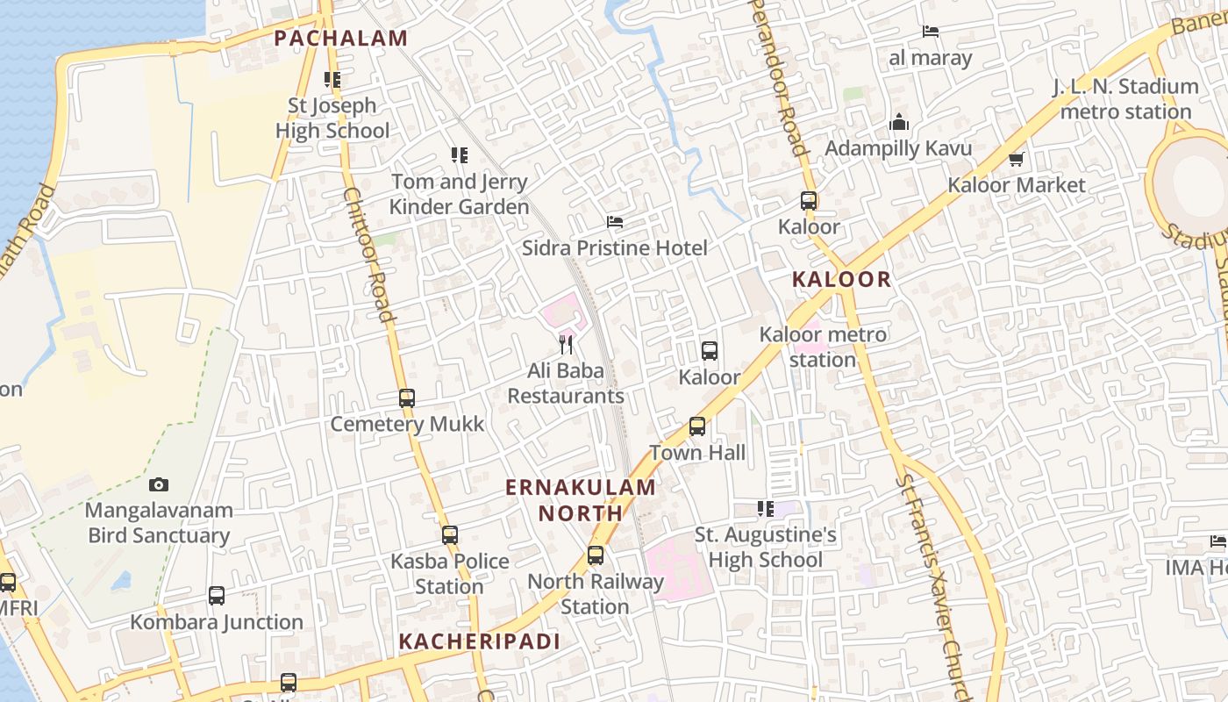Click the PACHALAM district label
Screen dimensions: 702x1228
[341, 39]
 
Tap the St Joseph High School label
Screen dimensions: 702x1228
[332, 118]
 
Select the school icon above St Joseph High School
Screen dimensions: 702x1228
[332, 80]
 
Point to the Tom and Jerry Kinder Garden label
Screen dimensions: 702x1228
[459, 194]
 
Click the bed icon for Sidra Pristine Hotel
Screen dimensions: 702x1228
[615, 222]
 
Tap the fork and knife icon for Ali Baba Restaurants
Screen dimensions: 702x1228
[566, 344]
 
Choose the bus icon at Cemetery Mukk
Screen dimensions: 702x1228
[407, 398]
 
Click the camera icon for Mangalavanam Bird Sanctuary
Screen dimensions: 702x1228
[159, 484]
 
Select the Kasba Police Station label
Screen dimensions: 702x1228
[450, 573]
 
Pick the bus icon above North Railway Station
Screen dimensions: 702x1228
[596, 555]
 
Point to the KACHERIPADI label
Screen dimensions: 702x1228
[479, 641]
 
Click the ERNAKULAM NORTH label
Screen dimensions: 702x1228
[581, 500]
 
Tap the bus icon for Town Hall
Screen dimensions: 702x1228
[697, 426]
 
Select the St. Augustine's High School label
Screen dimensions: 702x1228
[766, 547]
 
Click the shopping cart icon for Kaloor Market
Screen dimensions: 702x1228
[1017, 159]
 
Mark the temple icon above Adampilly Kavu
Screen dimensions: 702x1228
[899, 123]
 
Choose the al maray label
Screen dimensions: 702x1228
[931, 59]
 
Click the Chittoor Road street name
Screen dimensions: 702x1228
[368, 254]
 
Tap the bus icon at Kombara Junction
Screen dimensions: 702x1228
[217, 596]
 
